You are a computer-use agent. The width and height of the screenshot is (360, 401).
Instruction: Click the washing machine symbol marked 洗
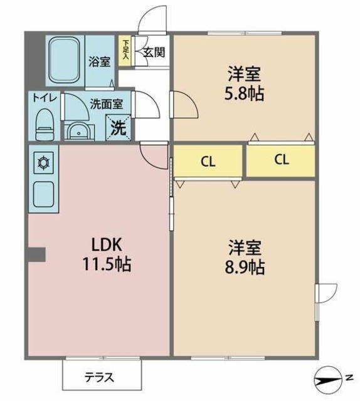click(119, 127)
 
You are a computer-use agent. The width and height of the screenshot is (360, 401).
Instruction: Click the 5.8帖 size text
click(245, 94)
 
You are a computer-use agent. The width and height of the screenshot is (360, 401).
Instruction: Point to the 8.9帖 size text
click(245, 268)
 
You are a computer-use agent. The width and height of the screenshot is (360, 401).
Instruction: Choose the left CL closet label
click(208, 161)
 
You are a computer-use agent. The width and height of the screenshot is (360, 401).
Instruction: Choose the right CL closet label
click(281, 160)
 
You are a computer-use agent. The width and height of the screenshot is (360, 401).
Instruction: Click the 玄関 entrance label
click(154, 53)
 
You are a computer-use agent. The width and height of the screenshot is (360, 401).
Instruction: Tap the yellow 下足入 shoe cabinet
click(125, 50)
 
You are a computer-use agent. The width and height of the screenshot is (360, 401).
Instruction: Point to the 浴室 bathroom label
click(99, 61)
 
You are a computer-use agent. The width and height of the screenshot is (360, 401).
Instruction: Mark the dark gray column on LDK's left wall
click(36, 254)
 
